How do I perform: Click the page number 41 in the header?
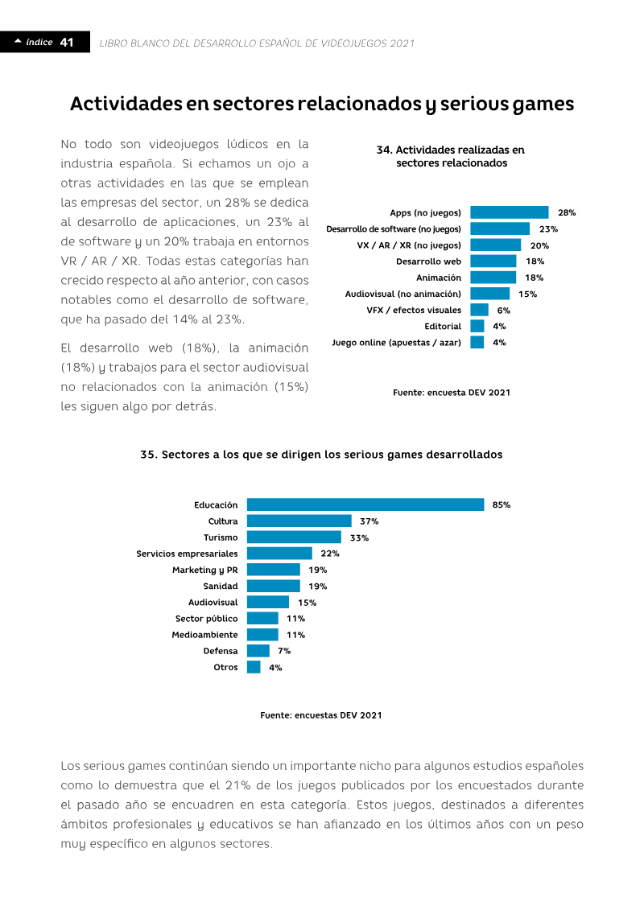click(67, 43)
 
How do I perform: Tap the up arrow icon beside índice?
click(18, 41)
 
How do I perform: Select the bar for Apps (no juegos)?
click(510, 212)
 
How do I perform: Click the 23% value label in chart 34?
click(548, 229)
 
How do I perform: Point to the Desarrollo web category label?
click(428, 261)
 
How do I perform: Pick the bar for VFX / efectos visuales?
click(479, 310)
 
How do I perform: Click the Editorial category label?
click(443, 326)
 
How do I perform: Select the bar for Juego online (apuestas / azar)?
click(477, 343)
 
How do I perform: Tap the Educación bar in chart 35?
click(365, 505)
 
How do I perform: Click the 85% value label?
click(502, 505)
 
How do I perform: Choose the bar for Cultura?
click(299, 521)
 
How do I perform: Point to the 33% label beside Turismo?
click(360, 538)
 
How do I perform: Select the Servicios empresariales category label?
click(187, 554)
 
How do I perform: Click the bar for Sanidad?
click(274, 587)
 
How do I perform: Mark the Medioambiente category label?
click(204, 635)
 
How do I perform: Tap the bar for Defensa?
click(258, 651)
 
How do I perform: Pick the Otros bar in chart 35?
click(254, 667)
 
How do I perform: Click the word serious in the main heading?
click(473, 104)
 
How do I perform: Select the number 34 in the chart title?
click(383, 150)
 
